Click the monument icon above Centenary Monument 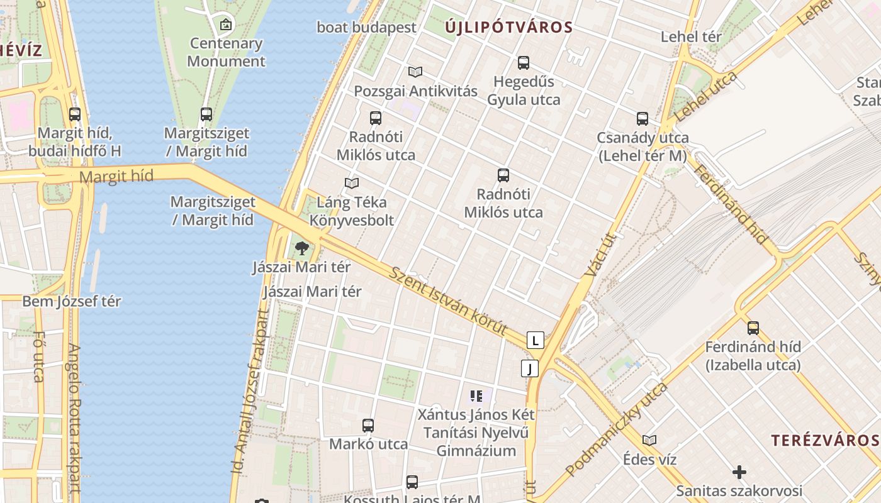[226, 25]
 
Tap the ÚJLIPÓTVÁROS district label [509, 27]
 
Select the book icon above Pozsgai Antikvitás [415, 72]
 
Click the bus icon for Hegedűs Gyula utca [524, 63]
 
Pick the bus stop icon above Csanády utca [643, 119]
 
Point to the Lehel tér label [691, 37]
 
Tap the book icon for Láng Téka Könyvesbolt [352, 184]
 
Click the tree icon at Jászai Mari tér [302, 248]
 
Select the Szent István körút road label [449, 301]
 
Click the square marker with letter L [536, 341]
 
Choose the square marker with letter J [530, 368]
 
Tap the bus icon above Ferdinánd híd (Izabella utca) [753, 328]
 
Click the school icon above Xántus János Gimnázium [476, 396]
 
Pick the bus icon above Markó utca [368, 426]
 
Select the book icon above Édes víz [649, 440]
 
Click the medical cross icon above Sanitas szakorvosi [739, 472]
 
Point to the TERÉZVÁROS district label [825, 440]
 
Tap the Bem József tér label [72, 302]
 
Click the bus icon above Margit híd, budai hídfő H [75, 114]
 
